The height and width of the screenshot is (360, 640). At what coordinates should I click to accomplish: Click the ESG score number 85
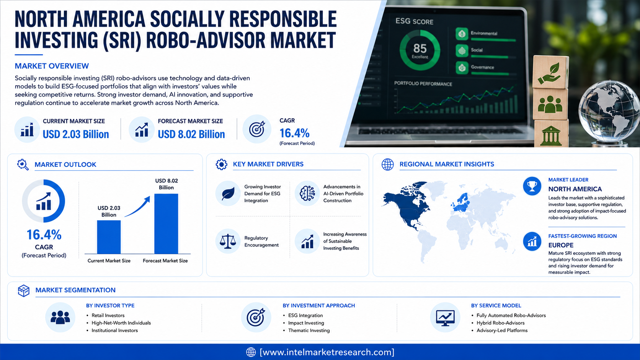[x=420, y=48]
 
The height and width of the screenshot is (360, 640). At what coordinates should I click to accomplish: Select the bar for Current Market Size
[x=109, y=237]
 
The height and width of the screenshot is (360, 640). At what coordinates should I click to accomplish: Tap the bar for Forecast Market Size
[x=166, y=223]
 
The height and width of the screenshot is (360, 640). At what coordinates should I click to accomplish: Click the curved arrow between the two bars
[x=138, y=207]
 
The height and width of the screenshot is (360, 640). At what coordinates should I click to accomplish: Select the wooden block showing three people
[x=550, y=104]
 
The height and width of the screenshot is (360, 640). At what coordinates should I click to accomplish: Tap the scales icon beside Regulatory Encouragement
[x=228, y=241]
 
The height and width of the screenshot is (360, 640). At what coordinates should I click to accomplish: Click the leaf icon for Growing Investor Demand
[x=228, y=194]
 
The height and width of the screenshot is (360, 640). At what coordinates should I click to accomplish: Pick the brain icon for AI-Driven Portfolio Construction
[x=307, y=193]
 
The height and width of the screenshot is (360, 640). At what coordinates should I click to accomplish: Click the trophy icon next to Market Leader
[x=532, y=186]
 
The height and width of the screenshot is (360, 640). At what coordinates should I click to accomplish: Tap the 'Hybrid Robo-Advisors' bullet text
[x=501, y=323]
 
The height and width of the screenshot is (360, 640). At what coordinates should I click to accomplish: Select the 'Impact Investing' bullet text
[x=306, y=323]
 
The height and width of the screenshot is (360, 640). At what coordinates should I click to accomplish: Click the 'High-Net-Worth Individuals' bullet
[x=121, y=323]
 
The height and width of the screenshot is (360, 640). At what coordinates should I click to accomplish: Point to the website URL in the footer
[x=327, y=352]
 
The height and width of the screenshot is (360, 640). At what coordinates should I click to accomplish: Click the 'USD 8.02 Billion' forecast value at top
[x=191, y=134]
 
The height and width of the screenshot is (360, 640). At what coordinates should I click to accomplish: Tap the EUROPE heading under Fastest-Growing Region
[x=561, y=245]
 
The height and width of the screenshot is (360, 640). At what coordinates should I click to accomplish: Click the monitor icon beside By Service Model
[x=445, y=318]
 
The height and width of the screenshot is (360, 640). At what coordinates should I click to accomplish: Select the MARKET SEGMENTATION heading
[x=75, y=290]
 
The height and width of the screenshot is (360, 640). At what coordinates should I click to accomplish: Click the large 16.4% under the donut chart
[x=44, y=235]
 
